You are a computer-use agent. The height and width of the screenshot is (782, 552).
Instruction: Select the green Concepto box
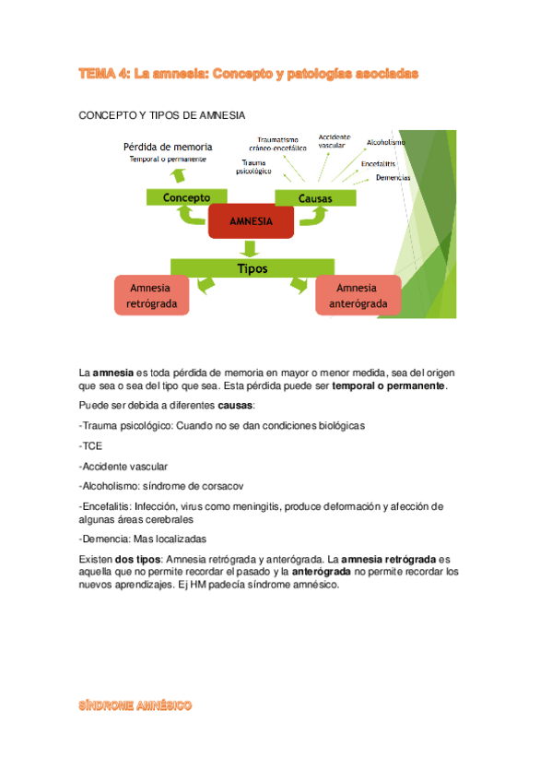pos(186,197)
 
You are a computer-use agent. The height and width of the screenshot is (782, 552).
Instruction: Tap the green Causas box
pos(315,198)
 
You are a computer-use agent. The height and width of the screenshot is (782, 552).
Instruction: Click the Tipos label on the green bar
pos(253,268)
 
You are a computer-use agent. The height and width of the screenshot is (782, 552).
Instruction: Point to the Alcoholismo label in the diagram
pos(386,142)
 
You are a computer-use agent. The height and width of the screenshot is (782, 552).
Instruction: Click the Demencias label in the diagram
pos(393,177)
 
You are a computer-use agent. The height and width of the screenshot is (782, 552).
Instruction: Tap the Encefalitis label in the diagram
pos(379,162)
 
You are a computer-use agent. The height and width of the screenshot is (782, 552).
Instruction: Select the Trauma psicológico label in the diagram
pos(254,167)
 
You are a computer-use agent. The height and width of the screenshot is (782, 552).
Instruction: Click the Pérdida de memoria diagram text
pos(169,147)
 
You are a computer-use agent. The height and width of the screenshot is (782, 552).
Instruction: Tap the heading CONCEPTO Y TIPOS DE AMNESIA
pos(162,115)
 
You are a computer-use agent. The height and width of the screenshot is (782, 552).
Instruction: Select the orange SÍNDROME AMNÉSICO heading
pos(135,705)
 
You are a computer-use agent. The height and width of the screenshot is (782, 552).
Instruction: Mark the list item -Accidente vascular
pos(123,466)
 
